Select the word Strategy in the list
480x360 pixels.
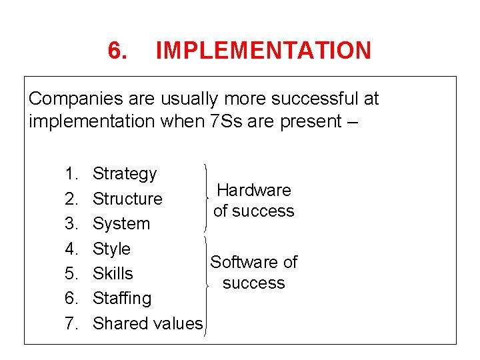click(125, 174)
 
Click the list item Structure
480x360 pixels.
click(127, 199)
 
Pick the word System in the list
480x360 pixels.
click(121, 223)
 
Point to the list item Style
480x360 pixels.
click(111, 249)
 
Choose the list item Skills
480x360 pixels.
click(113, 273)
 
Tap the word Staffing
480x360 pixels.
click(122, 298)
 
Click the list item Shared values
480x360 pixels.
click(147, 323)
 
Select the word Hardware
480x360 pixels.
click(254, 190)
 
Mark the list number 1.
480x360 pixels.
click(71, 174)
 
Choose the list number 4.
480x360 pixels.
click(71, 249)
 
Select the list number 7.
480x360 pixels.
click(71, 323)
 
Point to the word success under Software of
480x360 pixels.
click(254, 283)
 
